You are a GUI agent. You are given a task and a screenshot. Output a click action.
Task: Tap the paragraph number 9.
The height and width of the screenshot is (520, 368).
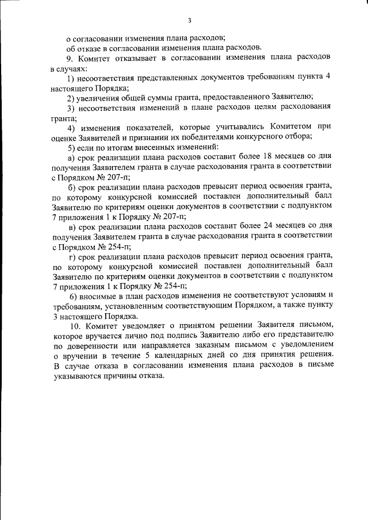point(70,59)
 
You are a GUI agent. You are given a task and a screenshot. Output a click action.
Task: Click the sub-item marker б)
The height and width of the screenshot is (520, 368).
point(71,187)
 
